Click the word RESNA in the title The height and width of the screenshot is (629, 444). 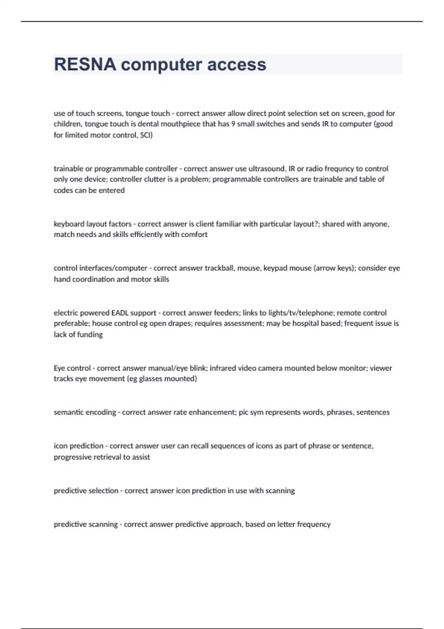(85, 64)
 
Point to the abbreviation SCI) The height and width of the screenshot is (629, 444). (146, 135)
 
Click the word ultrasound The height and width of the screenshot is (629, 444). (266, 169)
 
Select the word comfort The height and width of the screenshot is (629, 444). (194, 235)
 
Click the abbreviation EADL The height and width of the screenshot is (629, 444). (120, 313)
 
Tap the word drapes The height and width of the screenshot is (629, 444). (179, 323)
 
